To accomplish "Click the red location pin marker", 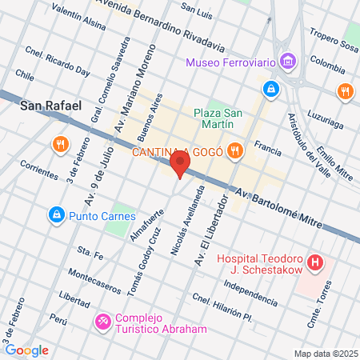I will pyautogui.click(x=181, y=165).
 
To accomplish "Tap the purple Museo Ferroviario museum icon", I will pyautogui.click(x=288, y=62).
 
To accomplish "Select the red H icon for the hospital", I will pyautogui.click(x=317, y=262).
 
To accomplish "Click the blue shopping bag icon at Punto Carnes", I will pyautogui.click(x=56, y=214).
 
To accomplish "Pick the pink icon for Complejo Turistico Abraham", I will pyautogui.click(x=104, y=322).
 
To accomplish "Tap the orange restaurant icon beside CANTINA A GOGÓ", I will pyautogui.click(x=234, y=150).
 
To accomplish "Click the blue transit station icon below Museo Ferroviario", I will pyautogui.click(x=273, y=88).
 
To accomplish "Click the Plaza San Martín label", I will pyautogui.click(x=214, y=118).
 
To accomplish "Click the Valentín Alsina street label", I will pyautogui.click(x=78, y=18).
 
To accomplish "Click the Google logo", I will pyautogui.click(x=26, y=350).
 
